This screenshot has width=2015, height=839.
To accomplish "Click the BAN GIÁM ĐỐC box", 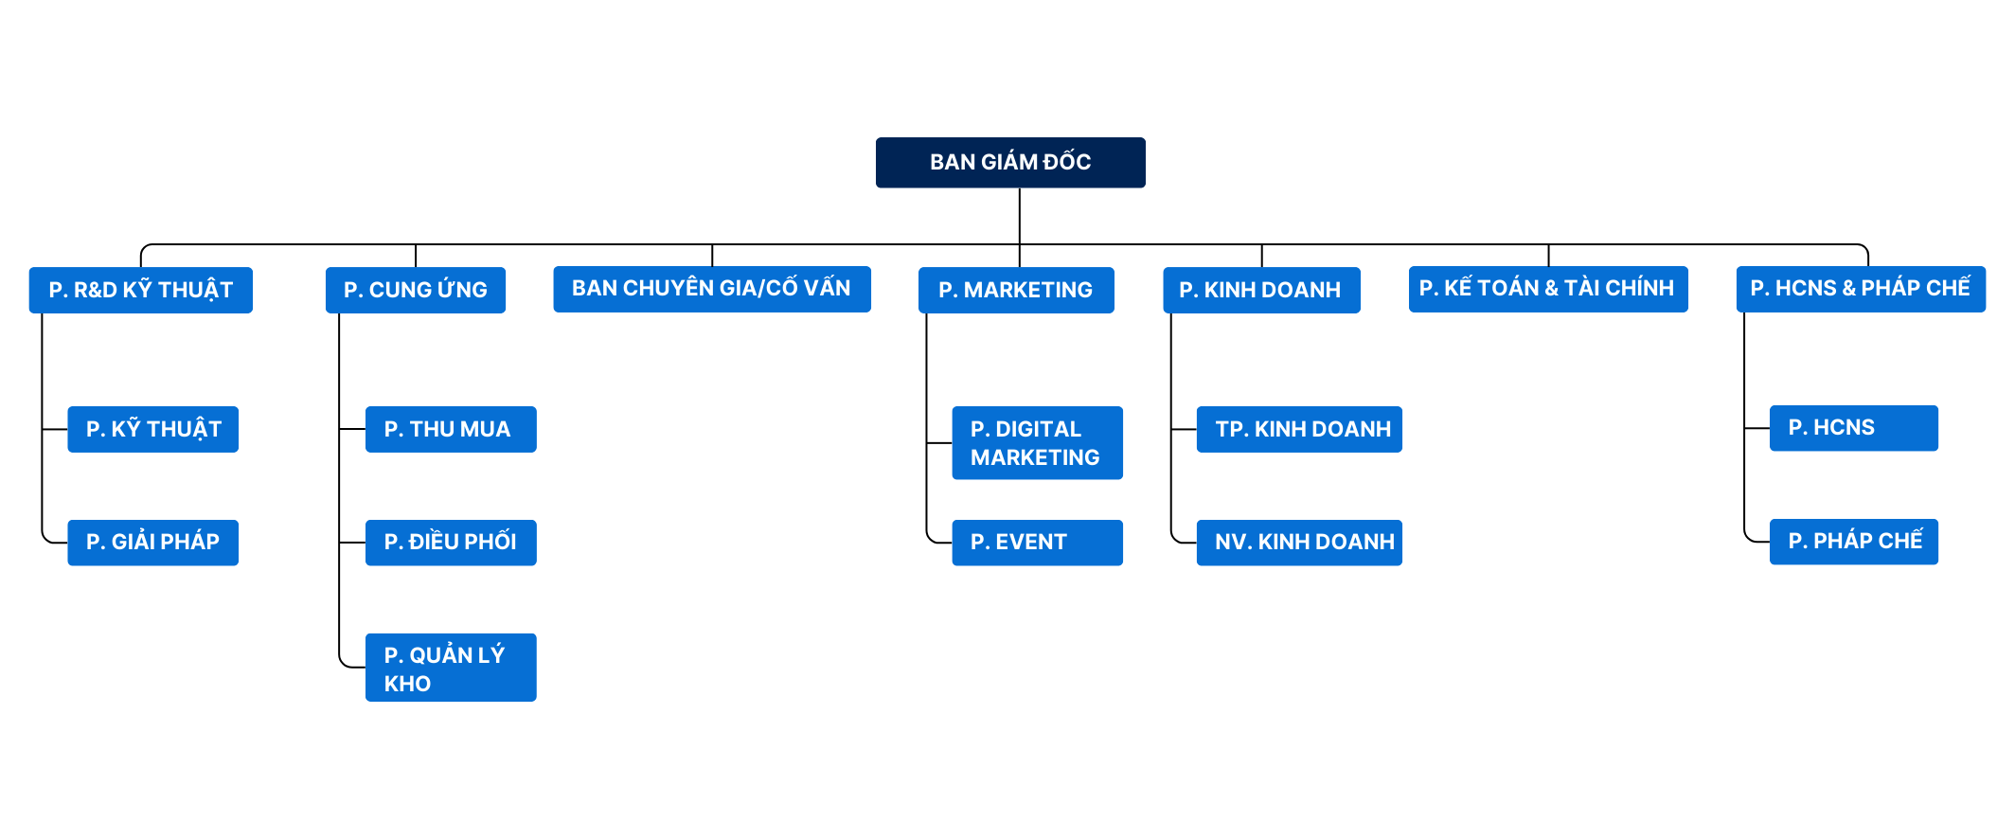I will tap(1010, 163).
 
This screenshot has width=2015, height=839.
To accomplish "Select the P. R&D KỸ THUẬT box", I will tap(141, 290).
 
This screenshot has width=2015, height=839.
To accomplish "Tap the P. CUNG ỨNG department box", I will tap(416, 290).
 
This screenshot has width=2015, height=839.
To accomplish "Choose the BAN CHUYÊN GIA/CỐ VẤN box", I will tap(712, 289).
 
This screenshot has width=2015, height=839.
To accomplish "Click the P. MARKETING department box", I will tap(1016, 290).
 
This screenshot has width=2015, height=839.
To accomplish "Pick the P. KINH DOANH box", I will tap(1261, 290).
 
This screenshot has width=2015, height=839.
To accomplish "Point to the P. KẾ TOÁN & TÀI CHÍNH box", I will tap(1548, 289).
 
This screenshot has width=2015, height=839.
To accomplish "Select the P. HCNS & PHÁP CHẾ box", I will tap(1861, 289).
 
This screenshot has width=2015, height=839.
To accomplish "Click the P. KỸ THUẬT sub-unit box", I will tap(153, 429).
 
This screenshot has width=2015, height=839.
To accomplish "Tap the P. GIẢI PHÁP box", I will tap(153, 543).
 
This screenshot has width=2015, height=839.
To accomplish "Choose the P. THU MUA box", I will tap(451, 429).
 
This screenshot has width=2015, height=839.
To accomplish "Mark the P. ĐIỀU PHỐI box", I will tap(451, 543).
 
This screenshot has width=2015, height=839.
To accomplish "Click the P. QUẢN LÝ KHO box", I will tap(451, 667).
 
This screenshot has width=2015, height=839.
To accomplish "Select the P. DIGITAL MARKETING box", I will tap(1037, 443).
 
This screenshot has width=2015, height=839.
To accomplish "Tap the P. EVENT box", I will tap(1037, 543).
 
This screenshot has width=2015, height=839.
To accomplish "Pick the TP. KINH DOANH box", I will tap(1299, 429).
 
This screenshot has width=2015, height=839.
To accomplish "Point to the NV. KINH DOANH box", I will tap(1299, 543).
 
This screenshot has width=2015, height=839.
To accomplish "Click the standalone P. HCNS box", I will tap(1853, 428).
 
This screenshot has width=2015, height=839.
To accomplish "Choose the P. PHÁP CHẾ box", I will tap(1853, 542).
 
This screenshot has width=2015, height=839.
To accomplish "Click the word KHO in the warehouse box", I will tap(408, 684).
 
